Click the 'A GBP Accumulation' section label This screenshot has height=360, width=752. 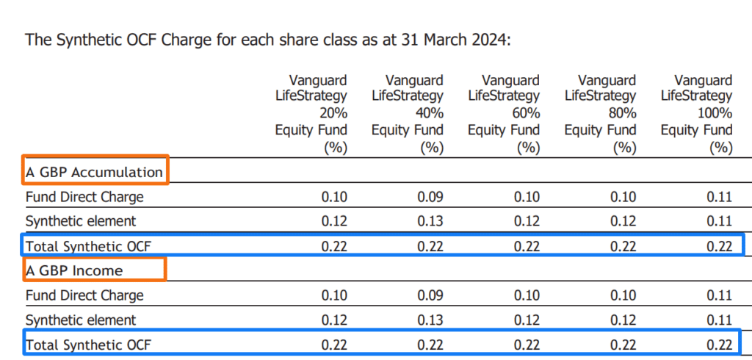(x=94, y=173)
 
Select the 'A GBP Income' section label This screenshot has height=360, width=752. (x=74, y=270)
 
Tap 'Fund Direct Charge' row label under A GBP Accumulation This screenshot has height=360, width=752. (x=84, y=197)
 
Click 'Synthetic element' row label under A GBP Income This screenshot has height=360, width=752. (x=81, y=320)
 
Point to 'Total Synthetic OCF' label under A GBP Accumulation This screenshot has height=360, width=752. (x=88, y=246)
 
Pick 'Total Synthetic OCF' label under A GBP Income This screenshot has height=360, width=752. (x=88, y=345)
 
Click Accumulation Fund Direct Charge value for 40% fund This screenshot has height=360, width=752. (x=431, y=197)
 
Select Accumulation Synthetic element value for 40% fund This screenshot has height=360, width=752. (x=431, y=221)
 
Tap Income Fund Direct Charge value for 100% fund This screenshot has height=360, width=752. (x=720, y=295)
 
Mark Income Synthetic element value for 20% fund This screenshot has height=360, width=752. (x=334, y=320)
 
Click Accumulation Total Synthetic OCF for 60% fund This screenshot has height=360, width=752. (x=527, y=246)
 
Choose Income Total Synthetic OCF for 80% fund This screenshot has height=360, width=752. (x=623, y=345)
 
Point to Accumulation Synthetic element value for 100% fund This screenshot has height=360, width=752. (x=720, y=221)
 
